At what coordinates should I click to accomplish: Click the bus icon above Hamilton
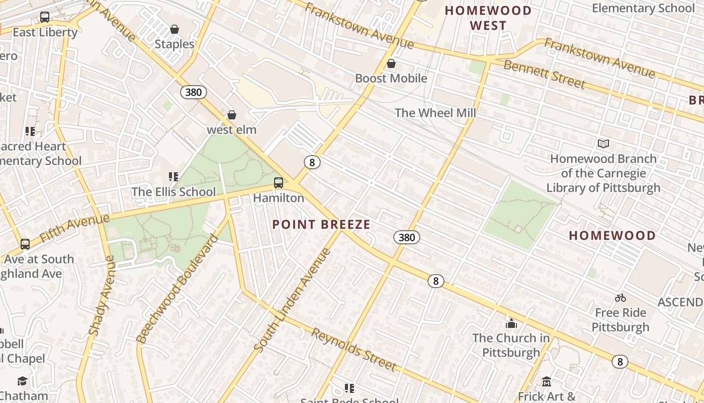click(x=279, y=183)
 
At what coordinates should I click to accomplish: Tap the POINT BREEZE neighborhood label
click(x=321, y=225)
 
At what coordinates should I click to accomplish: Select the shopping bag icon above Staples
click(x=174, y=29)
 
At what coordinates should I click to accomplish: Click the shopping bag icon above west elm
click(x=232, y=115)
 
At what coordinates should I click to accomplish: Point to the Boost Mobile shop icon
click(x=391, y=63)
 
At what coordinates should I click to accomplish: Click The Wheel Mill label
click(x=435, y=113)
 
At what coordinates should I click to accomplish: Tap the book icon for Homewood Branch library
click(x=603, y=144)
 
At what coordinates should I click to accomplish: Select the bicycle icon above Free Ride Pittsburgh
click(x=621, y=298)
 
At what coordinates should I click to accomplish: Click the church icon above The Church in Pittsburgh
click(x=511, y=323)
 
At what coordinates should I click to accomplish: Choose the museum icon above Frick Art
click(x=547, y=381)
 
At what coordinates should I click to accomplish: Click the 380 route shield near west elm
click(x=193, y=92)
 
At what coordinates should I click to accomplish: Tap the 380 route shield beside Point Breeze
click(x=406, y=237)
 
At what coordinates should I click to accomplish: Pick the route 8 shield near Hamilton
click(x=312, y=162)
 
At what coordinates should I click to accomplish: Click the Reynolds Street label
click(x=354, y=349)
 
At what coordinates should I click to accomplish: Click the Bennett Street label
click(x=544, y=74)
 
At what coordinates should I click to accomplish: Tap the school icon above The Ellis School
click(x=173, y=177)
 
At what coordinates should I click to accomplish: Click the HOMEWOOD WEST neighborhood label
click(x=488, y=18)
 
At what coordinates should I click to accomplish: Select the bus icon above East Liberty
click(x=45, y=17)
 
